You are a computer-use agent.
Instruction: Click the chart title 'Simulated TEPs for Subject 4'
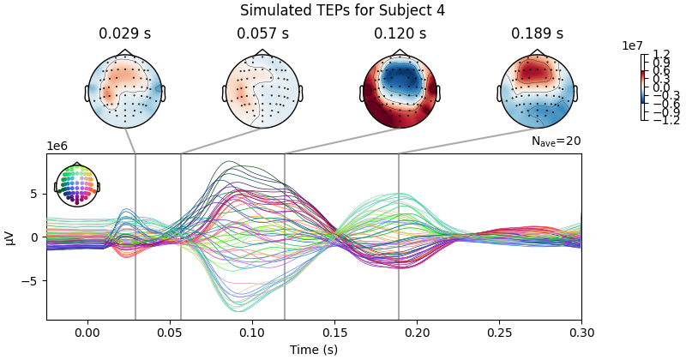[342, 11]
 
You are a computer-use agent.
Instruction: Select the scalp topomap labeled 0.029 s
[125, 92]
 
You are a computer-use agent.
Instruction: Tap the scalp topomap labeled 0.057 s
[262, 92]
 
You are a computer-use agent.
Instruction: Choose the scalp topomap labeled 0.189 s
[537, 92]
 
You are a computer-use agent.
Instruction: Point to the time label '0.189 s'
[537, 34]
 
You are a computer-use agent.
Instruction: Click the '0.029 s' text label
[125, 34]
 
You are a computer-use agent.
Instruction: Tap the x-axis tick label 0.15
[334, 332]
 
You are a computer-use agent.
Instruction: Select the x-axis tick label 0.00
[87, 332]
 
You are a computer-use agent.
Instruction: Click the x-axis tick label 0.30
[581, 332]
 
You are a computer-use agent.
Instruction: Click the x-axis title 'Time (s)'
[314, 349]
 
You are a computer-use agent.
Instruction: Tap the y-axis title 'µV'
[10, 237]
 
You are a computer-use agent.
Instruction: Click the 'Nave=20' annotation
[556, 141]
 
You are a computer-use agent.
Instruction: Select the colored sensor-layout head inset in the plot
[77, 184]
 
